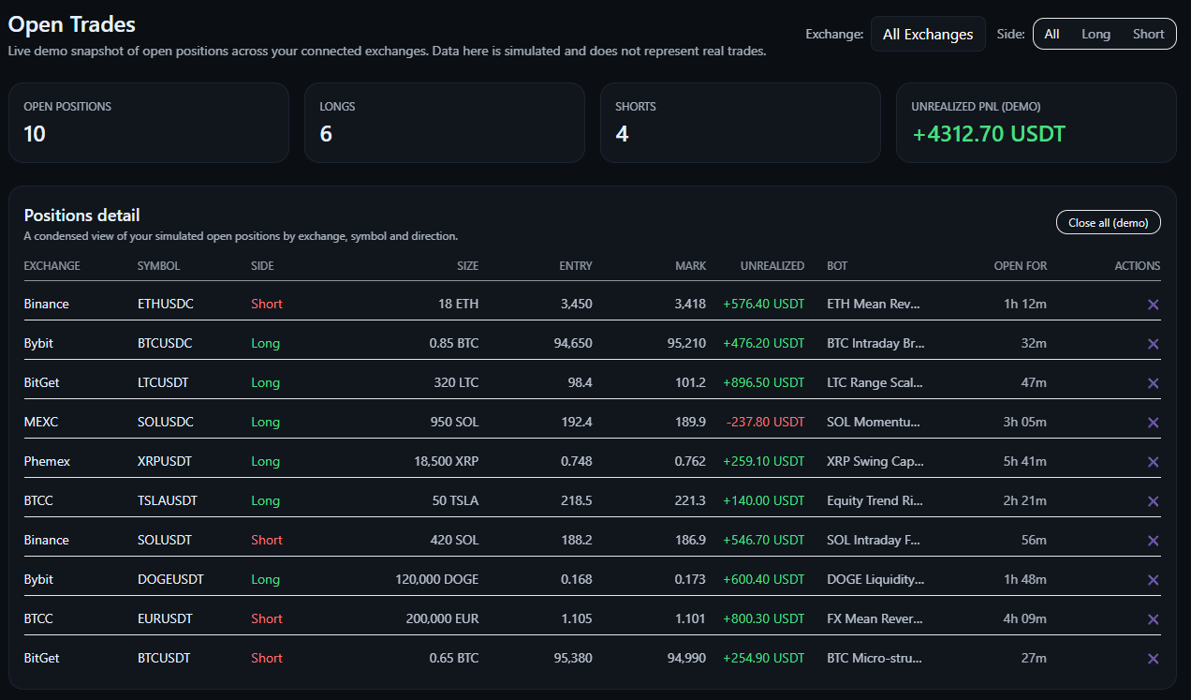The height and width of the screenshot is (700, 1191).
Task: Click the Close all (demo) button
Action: pos(1108,222)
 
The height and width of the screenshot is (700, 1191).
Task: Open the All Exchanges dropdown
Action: pos(927,34)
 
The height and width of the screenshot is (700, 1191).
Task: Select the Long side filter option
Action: pos(1095,34)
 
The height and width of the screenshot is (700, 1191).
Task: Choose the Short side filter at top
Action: pos(1148,34)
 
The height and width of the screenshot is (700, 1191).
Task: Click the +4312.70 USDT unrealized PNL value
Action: pos(988,134)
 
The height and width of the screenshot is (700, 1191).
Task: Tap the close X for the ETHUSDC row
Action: pos(1153,305)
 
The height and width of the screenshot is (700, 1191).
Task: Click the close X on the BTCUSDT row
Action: pos(1153,659)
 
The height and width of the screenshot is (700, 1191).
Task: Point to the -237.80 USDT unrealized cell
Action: pos(764,422)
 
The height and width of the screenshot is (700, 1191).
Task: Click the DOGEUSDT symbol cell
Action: pos(170,579)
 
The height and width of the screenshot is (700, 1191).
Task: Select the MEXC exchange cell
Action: pos(41,422)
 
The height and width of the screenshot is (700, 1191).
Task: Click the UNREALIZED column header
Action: pos(772,266)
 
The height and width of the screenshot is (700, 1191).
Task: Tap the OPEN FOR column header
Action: pos(1020,266)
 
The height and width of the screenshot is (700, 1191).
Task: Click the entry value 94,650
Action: pos(573,343)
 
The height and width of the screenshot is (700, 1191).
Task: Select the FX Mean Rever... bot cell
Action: pos(875,618)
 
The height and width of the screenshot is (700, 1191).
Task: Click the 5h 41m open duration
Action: pos(1024,461)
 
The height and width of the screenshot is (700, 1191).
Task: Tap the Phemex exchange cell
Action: pos(47,461)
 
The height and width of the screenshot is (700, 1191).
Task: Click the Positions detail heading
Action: pos(81,216)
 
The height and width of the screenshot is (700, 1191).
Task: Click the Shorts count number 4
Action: pos(622,134)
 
